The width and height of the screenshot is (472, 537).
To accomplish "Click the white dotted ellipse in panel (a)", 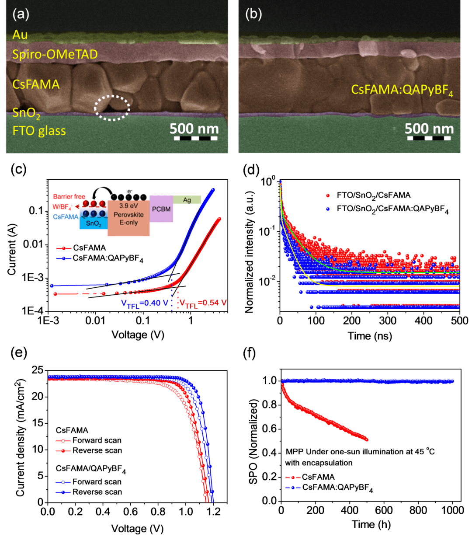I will pos(112,108).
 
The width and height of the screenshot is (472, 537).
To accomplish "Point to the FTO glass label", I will pos(39,131).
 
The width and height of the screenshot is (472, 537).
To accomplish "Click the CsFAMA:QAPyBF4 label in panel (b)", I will pos(402,91).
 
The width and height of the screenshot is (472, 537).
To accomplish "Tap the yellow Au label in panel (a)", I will pos(20,35).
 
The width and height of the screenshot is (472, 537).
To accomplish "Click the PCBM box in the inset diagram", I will pos(161,209).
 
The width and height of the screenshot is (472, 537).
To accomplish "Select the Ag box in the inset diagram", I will pos(187,200).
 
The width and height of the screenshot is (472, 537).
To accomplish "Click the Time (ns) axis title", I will pos(370,336).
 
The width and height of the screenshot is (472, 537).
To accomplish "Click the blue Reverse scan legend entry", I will pos(97,492).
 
